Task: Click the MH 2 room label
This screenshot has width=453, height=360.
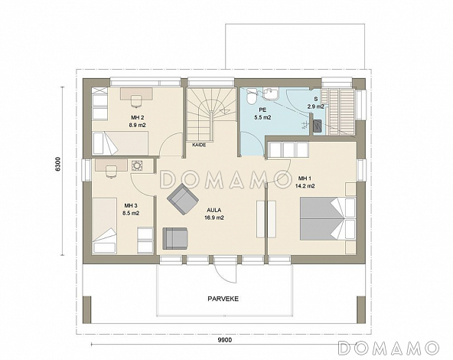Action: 138,117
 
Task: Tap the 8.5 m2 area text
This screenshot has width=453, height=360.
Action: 131,214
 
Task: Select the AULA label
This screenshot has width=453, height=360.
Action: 214,210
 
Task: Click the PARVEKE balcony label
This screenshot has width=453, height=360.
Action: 223,299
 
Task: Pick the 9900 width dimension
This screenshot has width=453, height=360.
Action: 225,340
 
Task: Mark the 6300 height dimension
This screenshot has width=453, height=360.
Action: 58,165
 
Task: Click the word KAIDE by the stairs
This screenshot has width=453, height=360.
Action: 199,145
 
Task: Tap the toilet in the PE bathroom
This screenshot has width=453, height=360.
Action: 251,96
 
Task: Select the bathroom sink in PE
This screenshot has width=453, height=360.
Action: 271,93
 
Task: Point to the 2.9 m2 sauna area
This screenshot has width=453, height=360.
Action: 316,106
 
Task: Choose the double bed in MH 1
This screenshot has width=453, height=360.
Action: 328,218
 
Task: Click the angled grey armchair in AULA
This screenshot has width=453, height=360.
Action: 183,199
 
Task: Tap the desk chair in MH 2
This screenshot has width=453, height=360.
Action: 136,101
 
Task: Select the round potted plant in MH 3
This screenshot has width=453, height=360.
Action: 136,166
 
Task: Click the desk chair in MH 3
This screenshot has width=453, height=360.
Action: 111,171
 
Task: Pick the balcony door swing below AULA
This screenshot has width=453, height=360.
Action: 225,270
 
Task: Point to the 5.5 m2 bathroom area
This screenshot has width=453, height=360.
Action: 262,117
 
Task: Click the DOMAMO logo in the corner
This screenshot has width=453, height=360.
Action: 389,348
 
